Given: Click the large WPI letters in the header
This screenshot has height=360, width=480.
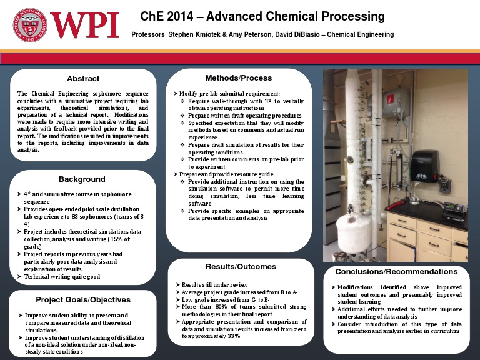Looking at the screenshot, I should [x=84, y=26].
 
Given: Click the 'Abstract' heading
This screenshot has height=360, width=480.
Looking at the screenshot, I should [x=83, y=79].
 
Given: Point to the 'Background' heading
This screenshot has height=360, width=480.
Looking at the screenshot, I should [x=82, y=179].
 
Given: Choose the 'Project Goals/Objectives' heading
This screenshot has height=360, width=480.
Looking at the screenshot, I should [x=82, y=299].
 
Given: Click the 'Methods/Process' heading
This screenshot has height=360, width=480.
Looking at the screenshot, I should [x=238, y=78].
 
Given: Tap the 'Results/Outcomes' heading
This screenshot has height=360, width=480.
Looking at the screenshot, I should [x=241, y=267].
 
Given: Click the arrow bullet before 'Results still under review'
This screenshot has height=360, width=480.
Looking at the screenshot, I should [x=177, y=286].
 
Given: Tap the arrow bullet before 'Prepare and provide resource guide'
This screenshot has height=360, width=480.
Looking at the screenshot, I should [x=176, y=174].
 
